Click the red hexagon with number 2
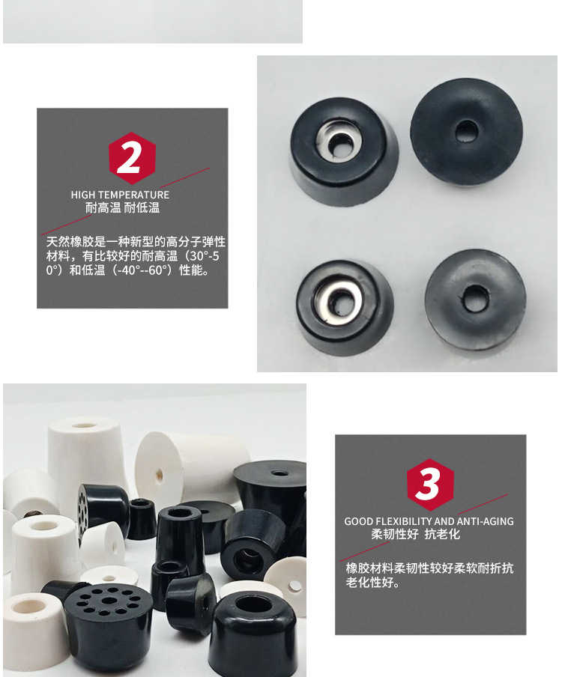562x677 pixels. pyautogui.click(x=132, y=158)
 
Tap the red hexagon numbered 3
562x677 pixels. pyautogui.click(x=430, y=485)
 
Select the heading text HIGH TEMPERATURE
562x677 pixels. pyautogui.click(x=120, y=195)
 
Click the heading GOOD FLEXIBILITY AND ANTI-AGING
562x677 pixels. pyautogui.click(x=429, y=521)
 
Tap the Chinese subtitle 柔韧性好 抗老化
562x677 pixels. pyautogui.click(x=415, y=535)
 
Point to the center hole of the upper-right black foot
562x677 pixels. pyautogui.click(x=467, y=130)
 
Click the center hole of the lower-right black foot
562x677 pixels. pyautogui.click(x=474, y=299)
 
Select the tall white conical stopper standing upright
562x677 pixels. pyautogui.click(x=85, y=453)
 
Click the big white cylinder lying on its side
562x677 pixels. pyautogui.click(x=191, y=468)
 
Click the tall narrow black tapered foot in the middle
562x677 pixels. pyautogui.click(x=179, y=532)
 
